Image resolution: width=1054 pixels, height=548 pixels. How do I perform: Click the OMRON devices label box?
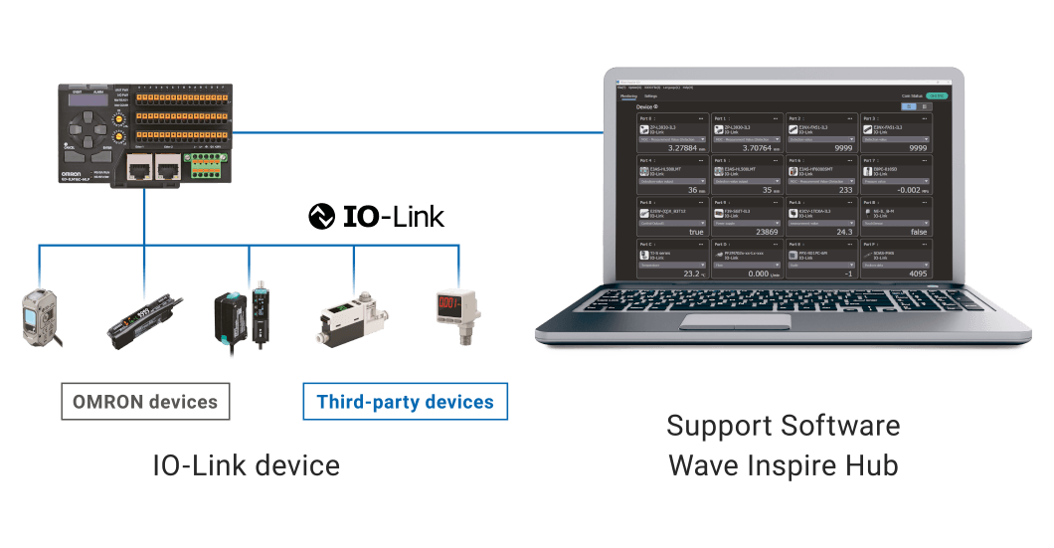145,402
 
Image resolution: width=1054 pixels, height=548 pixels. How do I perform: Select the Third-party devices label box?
405,402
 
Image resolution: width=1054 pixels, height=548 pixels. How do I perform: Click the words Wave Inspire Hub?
784,463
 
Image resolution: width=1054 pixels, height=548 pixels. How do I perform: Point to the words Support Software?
784,427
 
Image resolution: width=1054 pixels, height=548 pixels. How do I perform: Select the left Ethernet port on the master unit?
138,163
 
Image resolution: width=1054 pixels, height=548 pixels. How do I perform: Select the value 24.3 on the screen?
840,231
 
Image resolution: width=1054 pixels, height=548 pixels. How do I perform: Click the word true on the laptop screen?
698,231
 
